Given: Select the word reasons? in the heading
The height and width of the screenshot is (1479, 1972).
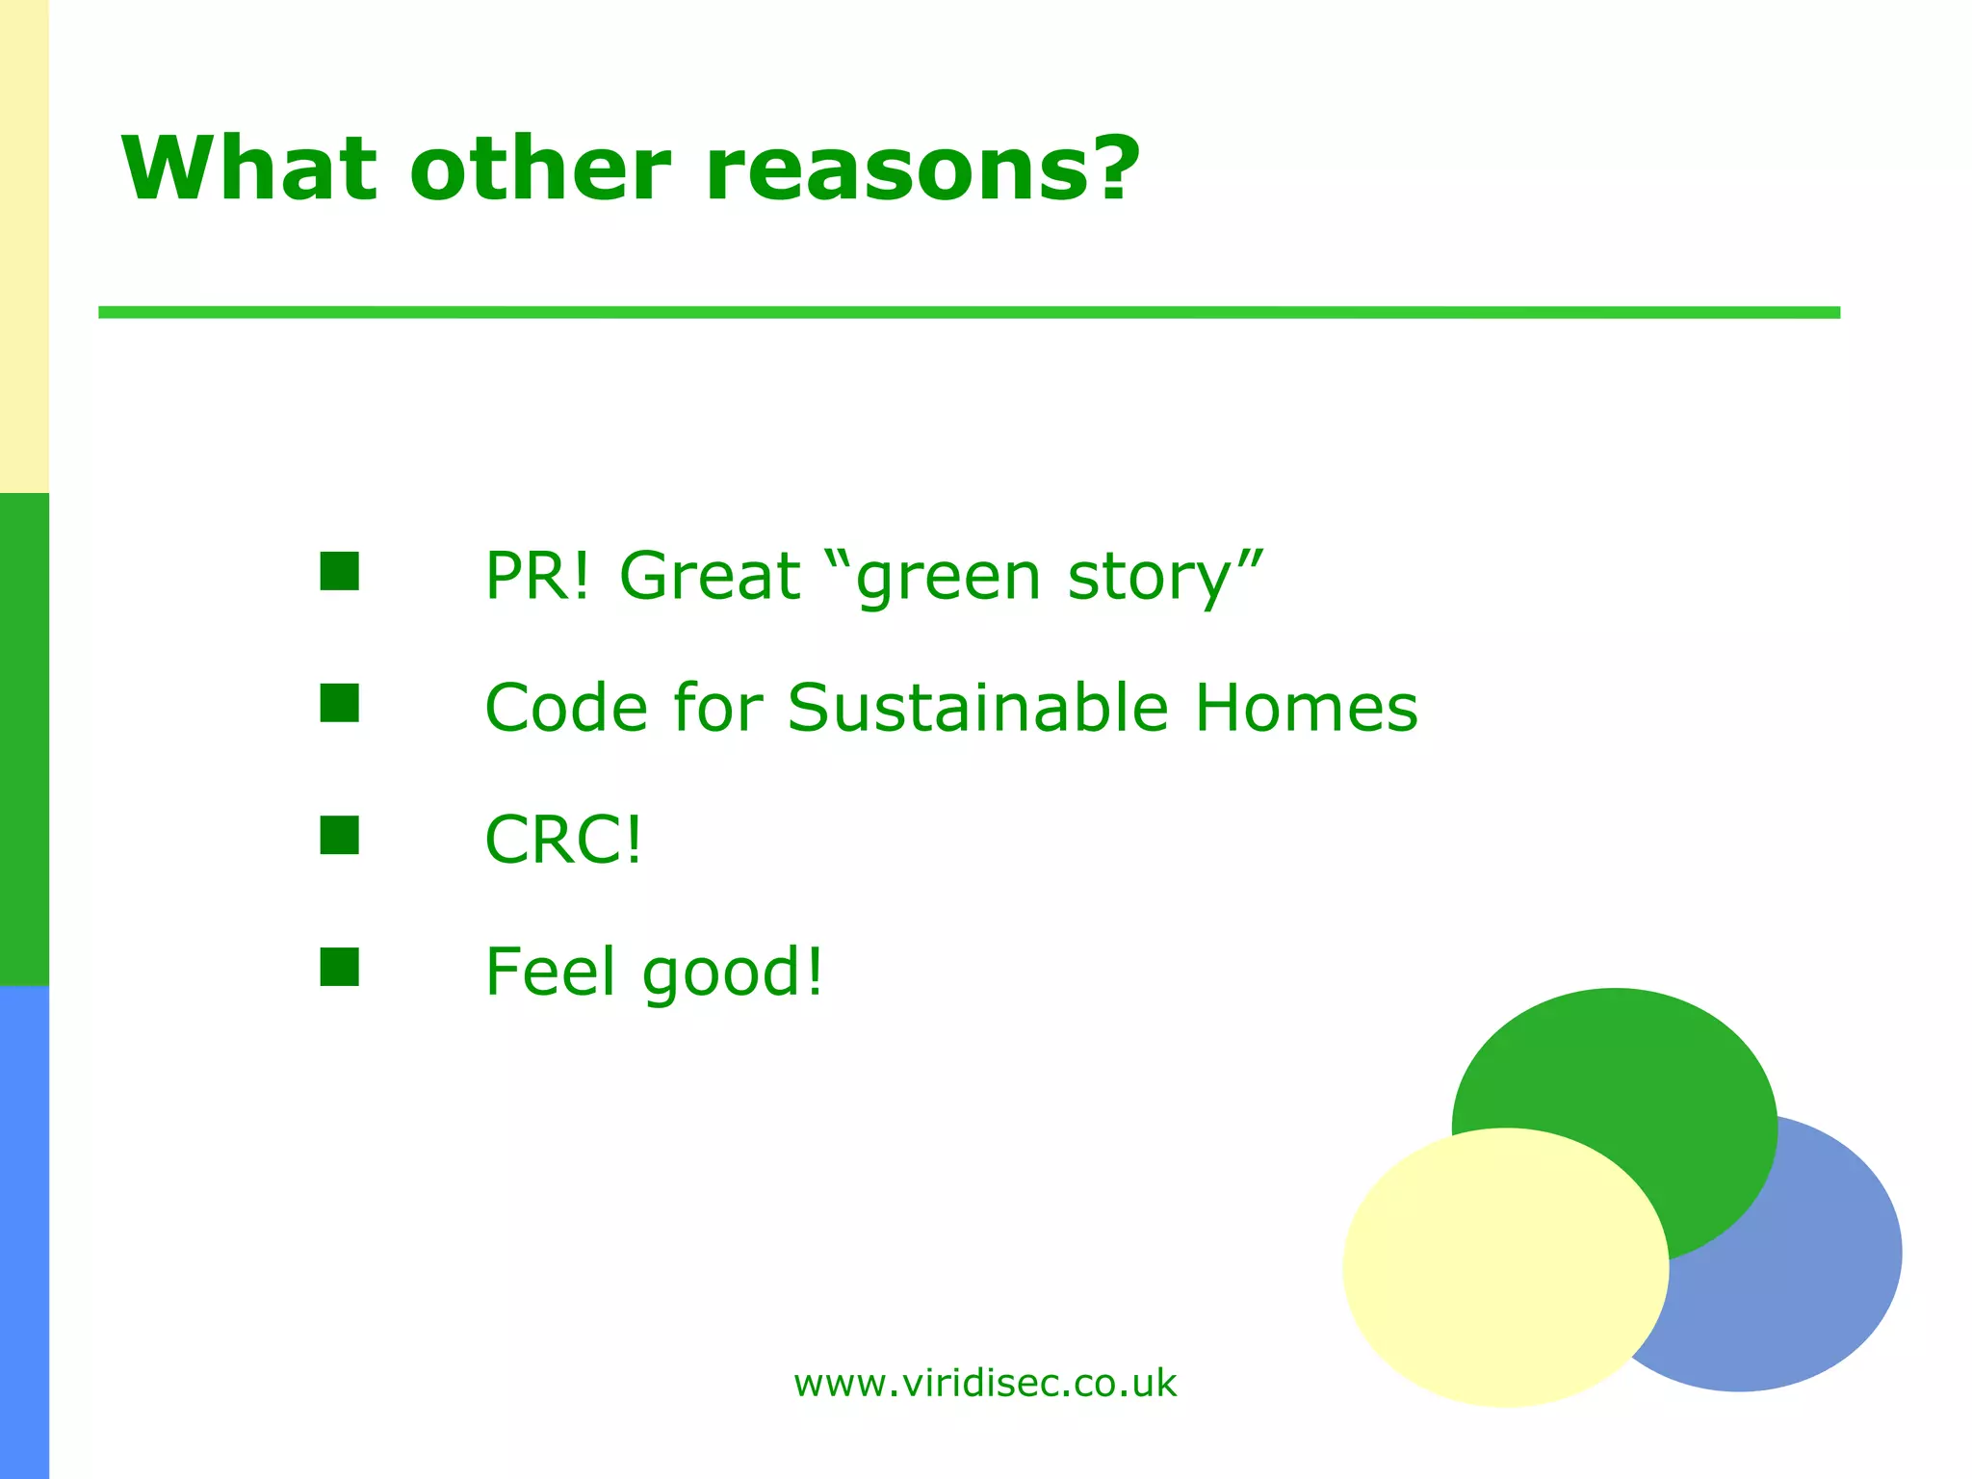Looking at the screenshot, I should (x=921, y=169).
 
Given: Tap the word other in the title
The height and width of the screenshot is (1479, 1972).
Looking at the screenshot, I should (x=539, y=169).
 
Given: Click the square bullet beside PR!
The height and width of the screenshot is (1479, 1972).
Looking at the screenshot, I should (x=339, y=571).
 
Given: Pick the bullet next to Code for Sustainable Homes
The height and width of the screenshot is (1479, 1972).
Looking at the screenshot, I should (x=339, y=703).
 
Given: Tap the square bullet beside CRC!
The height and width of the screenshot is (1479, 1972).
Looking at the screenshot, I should (x=339, y=835).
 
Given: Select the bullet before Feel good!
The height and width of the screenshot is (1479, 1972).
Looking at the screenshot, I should (x=339, y=968).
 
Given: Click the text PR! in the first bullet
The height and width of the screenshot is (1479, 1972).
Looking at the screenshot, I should (x=536, y=576).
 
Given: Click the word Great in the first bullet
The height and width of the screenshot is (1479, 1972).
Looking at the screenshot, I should (x=710, y=576).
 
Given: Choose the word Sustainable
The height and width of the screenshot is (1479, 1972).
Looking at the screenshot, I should (x=977, y=708).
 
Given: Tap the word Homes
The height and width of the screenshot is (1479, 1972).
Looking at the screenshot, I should (x=1306, y=708).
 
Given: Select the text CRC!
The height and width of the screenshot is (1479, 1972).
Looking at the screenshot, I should (x=562, y=840).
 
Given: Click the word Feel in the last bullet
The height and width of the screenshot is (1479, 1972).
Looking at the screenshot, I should (x=550, y=972).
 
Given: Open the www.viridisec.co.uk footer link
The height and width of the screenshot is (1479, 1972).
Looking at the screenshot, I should (x=984, y=1384).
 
